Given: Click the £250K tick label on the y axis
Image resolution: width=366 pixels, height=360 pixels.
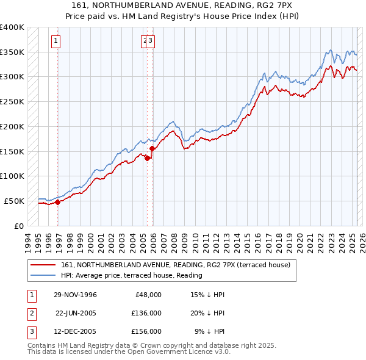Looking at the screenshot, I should pyautogui.click(x=12, y=102).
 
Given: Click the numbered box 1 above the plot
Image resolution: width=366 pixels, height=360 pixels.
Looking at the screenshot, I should pyautogui.click(x=56, y=41).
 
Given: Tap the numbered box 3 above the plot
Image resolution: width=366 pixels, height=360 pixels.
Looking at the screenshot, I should pyautogui.click(x=151, y=41).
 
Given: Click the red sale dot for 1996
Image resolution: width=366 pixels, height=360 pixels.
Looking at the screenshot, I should pyautogui.click(x=57, y=202).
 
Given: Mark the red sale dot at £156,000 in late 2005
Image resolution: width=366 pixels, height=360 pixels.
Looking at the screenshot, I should pyautogui.click(x=152, y=148).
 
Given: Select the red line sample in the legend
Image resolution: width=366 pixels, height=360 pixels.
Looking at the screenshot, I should pyautogui.click(x=42, y=265).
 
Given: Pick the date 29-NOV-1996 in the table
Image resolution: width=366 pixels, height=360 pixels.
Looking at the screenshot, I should pyautogui.click(x=75, y=295).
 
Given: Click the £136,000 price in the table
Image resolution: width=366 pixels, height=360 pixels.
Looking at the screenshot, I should pyautogui.click(x=146, y=313).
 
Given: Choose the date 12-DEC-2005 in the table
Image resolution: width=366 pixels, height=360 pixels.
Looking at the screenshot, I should pyautogui.click(x=76, y=331).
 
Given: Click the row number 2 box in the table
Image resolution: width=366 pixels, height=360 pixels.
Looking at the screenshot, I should pyautogui.click(x=30, y=313).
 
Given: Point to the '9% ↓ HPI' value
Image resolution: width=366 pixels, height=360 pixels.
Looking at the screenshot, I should pyautogui.click(x=210, y=331).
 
